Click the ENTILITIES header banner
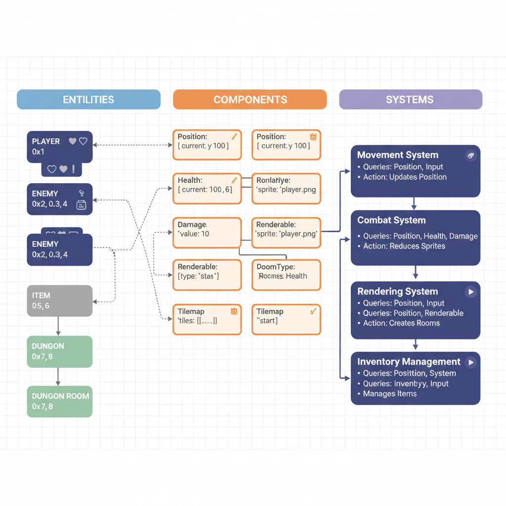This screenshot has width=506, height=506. (x=88, y=99)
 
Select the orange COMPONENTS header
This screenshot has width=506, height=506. (x=250, y=99)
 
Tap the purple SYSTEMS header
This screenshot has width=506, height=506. (x=410, y=99)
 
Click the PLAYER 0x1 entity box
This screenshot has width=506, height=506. (x=59, y=147)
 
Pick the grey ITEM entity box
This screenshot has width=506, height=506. (x=59, y=300)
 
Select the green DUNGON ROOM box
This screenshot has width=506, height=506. (x=59, y=401)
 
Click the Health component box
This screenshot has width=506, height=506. (x=207, y=188)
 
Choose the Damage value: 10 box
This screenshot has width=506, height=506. (x=207, y=232)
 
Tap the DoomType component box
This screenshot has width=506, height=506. (x=286, y=275)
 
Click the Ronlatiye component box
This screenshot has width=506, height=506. (x=286, y=188)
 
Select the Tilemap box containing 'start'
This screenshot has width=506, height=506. (x=286, y=319)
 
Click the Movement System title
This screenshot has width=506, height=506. (x=397, y=155)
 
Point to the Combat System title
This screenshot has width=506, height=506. (x=391, y=220)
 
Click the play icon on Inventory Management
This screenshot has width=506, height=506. (x=471, y=362)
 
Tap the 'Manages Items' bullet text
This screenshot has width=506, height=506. (x=389, y=394)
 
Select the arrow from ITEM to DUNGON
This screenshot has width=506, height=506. (x=58, y=326)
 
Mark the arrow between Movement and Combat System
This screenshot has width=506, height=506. (x=414, y=204)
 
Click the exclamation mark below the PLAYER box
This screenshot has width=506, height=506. (x=74, y=169)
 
